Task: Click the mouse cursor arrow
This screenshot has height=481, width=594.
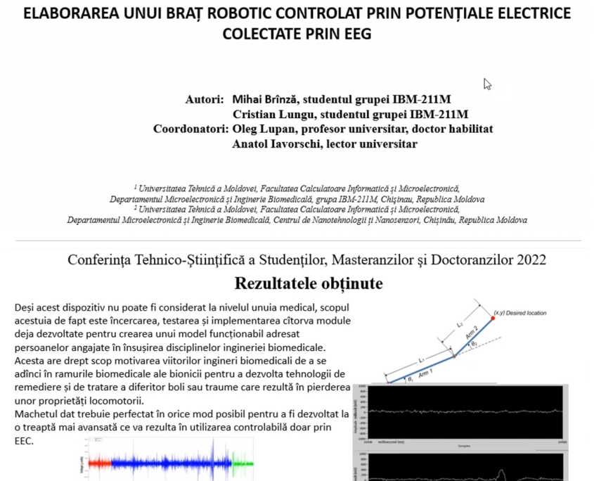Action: point(486,84)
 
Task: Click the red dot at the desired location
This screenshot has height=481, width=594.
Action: point(492,318)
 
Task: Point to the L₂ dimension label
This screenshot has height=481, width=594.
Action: point(460,325)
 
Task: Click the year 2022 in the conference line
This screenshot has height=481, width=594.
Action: point(531,259)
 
